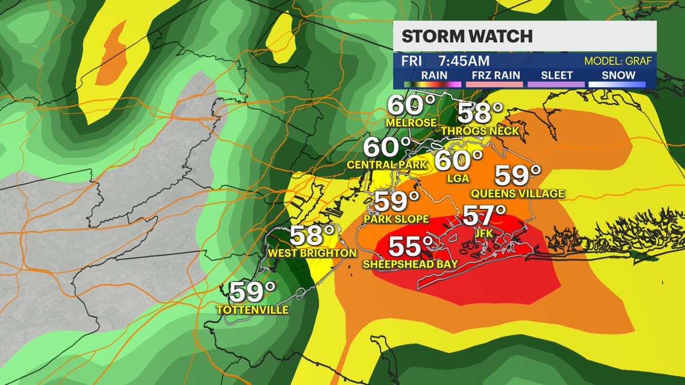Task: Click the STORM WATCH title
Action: (x=467, y=37)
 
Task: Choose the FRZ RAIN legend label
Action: (x=494, y=75)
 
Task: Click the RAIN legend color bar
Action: (x=433, y=84)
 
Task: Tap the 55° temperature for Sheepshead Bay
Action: (x=410, y=247)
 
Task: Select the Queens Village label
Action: (x=517, y=194)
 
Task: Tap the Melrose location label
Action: (x=411, y=123)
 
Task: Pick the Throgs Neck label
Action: (x=481, y=131)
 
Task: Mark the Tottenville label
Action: (x=252, y=310)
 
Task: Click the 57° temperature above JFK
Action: (x=484, y=216)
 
